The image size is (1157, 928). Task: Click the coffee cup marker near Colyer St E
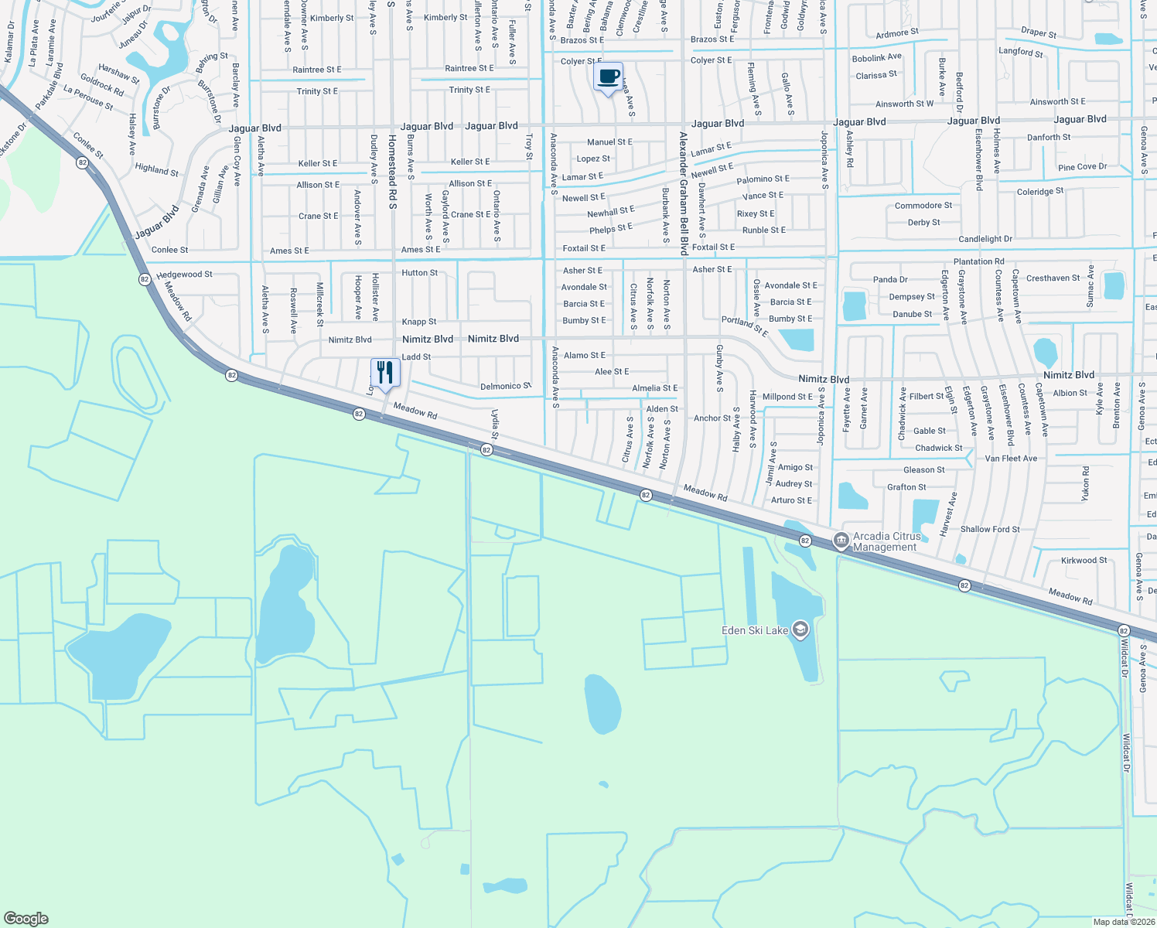pyautogui.click(x=609, y=77)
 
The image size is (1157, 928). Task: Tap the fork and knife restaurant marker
pyautogui.click(x=385, y=373)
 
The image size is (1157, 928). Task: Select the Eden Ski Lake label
pyautogui.click(x=754, y=630)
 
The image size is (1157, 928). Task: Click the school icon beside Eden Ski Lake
pyautogui.click(x=800, y=630)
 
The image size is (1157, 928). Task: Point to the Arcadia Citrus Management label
pyautogui.click(x=886, y=541)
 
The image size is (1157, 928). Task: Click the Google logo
pyautogui.click(x=26, y=918)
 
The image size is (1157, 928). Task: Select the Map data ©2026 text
pyautogui.click(x=1124, y=922)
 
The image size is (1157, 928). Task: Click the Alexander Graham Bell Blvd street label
pyautogui.click(x=684, y=193)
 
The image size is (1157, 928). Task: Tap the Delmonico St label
pyautogui.click(x=506, y=386)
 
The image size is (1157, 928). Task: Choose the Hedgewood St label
pyautogui.click(x=184, y=275)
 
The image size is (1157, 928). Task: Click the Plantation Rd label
pyautogui.click(x=978, y=261)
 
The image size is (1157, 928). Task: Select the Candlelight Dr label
pyautogui.click(x=985, y=239)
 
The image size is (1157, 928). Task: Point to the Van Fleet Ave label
pyautogui.click(x=1011, y=459)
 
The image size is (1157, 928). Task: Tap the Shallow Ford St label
pyautogui.click(x=990, y=530)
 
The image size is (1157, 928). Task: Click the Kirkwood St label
pyautogui.click(x=1084, y=561)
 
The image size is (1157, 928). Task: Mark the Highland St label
pyautogui.click(x=156, y=169)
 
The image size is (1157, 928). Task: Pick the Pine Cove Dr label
pyautogui.click(x=1082, y=167)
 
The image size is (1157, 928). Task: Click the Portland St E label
pyautogui.click(x=744, y=326)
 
